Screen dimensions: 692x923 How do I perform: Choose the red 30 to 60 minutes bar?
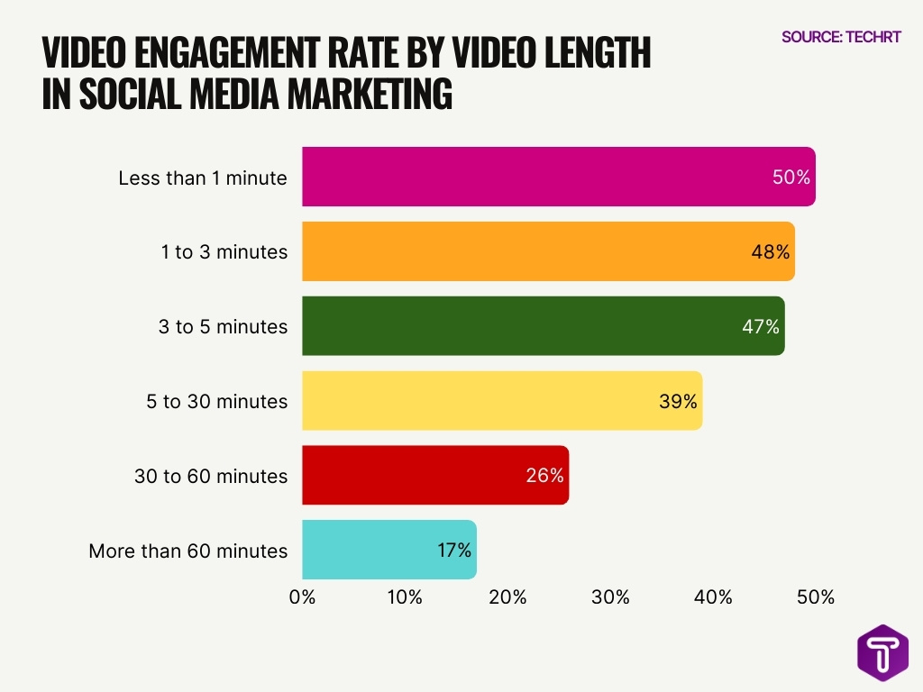415,475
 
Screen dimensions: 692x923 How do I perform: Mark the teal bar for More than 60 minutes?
370,550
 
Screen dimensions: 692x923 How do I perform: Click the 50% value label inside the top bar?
791,178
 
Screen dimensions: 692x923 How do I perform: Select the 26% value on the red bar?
544,475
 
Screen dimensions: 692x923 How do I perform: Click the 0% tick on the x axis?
302,596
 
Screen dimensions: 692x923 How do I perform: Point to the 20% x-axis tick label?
507,596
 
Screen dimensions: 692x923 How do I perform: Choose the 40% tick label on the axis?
713,596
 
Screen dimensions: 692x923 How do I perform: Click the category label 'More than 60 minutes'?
188,551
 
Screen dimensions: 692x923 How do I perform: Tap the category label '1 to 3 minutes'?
224,252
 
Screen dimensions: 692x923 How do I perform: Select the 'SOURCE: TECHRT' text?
841,37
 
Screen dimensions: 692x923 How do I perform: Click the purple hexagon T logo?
882,652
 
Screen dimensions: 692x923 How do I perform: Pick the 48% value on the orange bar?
771,252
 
